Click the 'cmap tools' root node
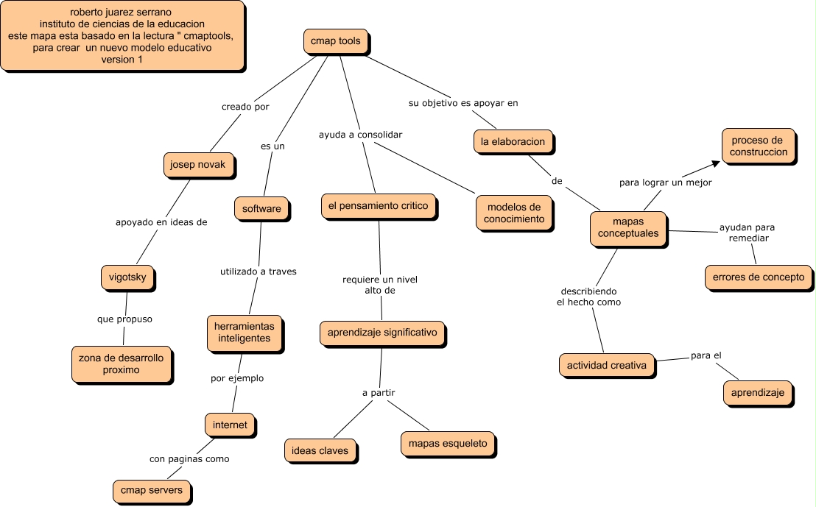335,42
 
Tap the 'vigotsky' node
127,278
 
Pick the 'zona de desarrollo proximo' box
122,364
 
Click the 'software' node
261,209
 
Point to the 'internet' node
230,425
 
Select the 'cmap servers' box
152,490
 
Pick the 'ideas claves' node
320,450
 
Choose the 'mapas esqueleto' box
448,444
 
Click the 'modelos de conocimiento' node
514,213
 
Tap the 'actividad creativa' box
607,365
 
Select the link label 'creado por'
245,107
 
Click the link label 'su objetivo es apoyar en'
463,103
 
